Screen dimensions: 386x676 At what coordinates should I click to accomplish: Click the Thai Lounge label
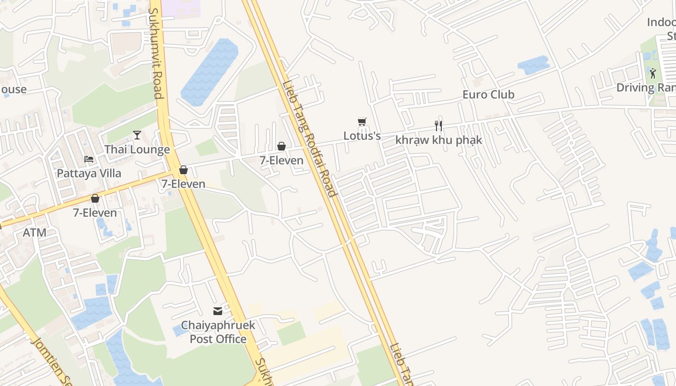(x=137, y=150)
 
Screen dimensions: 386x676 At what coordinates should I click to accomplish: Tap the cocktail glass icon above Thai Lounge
(x=137, y=135)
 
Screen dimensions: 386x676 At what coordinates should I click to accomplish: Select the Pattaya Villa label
(x=89, y=173)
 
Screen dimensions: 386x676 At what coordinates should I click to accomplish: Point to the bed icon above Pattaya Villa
(x=89, y=159)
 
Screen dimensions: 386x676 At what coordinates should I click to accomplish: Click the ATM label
(x=35, y=233)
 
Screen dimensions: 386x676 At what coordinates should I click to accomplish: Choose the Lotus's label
(x=362, y=136)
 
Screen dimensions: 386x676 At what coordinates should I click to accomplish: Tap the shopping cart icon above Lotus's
(x=362, y=122)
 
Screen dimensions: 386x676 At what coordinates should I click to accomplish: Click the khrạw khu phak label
(x=438, y=140)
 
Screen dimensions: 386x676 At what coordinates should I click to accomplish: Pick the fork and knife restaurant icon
(x=438, y=126)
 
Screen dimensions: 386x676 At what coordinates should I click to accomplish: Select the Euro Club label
(x=488, y=95)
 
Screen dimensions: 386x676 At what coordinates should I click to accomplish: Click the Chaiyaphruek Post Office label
(x=218, y=332)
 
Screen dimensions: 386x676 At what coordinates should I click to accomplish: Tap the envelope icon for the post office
(x=218, y=311)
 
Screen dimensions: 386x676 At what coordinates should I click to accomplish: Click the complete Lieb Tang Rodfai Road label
(x=309, y=139)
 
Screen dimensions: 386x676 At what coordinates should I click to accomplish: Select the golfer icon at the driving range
(x=653, y=73)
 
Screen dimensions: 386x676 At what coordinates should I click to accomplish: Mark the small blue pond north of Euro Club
(x=533, y=65)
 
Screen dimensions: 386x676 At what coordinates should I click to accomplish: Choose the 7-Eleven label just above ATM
(x=95, y=213)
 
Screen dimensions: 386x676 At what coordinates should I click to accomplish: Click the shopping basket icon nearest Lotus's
(x=282, y=146)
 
